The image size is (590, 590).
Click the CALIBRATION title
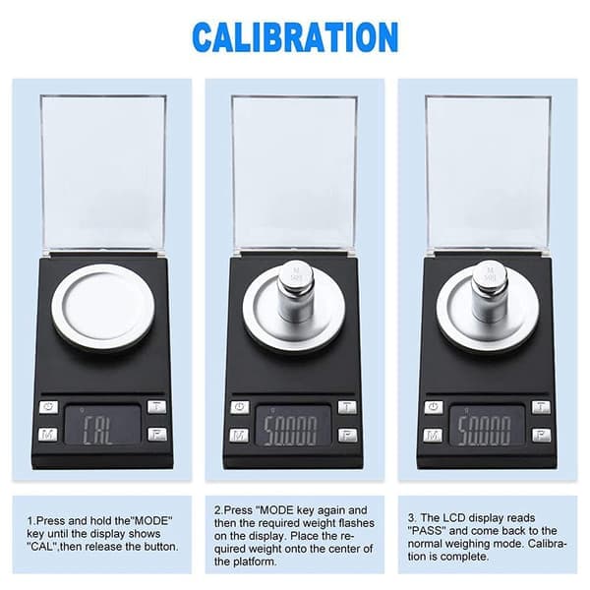coord(295,37)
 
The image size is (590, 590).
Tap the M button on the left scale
coord(48,435)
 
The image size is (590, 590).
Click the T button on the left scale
coord(156,406)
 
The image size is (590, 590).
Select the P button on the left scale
coord(157,435)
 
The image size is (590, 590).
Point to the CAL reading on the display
coord(97,430)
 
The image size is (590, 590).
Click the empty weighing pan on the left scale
coord(103,306)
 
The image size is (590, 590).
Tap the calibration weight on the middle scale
coord(296,292)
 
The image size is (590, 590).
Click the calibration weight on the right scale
coord(490,292)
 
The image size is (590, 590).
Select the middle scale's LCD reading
coord(290,431)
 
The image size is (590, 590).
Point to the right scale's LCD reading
coord(484,431)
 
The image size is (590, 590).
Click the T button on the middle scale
coord(347,407)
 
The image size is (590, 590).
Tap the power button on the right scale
coord(434,407)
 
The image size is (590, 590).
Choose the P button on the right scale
coord(541,435)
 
